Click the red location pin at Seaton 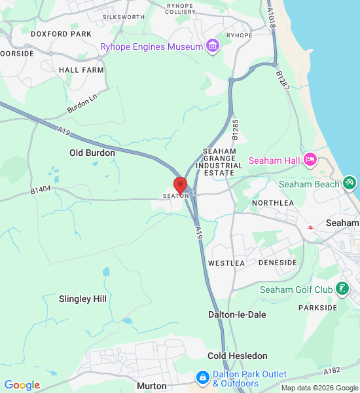(x=180, y=185)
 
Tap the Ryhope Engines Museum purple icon (x=212, y=46)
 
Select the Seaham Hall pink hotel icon (x=310, y=160)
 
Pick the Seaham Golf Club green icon (x=342, y=289)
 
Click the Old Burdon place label (x=92, y=153)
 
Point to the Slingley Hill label (x=82, y=299)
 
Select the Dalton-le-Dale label (x=237, y=314)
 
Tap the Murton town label (x=151, y=386)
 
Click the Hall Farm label (x=81, y=69)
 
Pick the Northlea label (x=273, y=203)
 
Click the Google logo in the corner (x=22, y=385)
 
